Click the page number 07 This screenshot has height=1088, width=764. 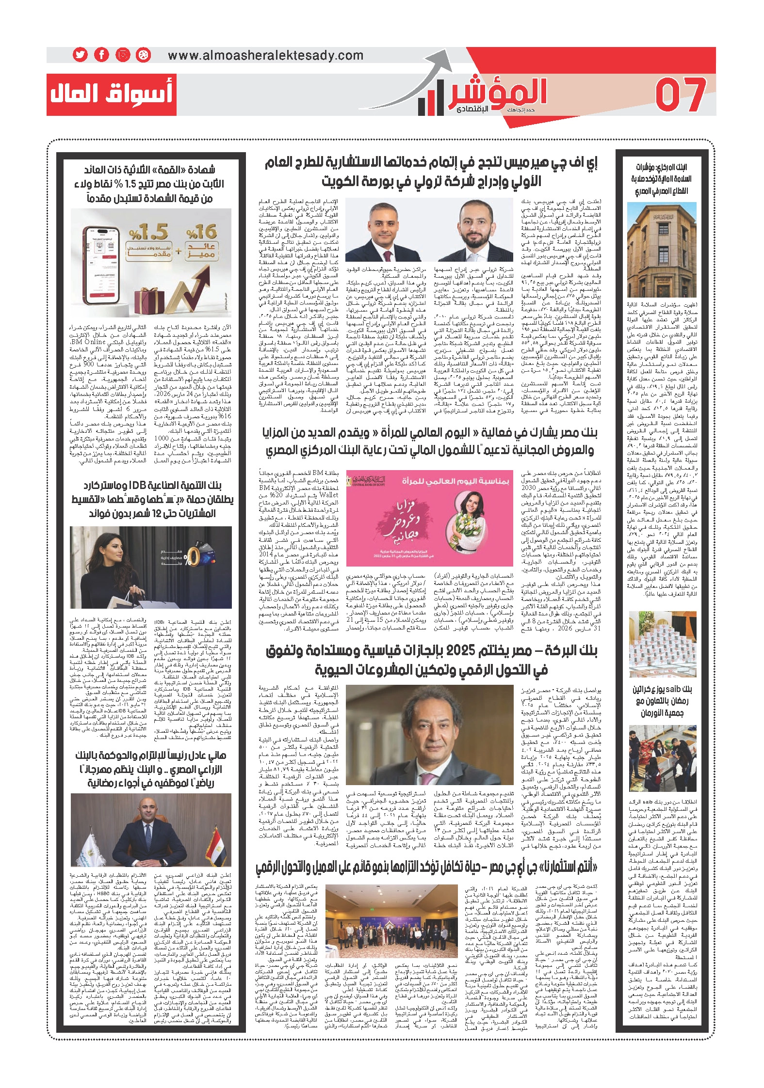[681, 94]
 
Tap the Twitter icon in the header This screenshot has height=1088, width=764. [80, 55]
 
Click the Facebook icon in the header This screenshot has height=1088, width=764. [101, 55]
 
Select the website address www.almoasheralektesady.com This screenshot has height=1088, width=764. [265, 55]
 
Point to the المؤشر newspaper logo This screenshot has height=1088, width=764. [485, 95]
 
